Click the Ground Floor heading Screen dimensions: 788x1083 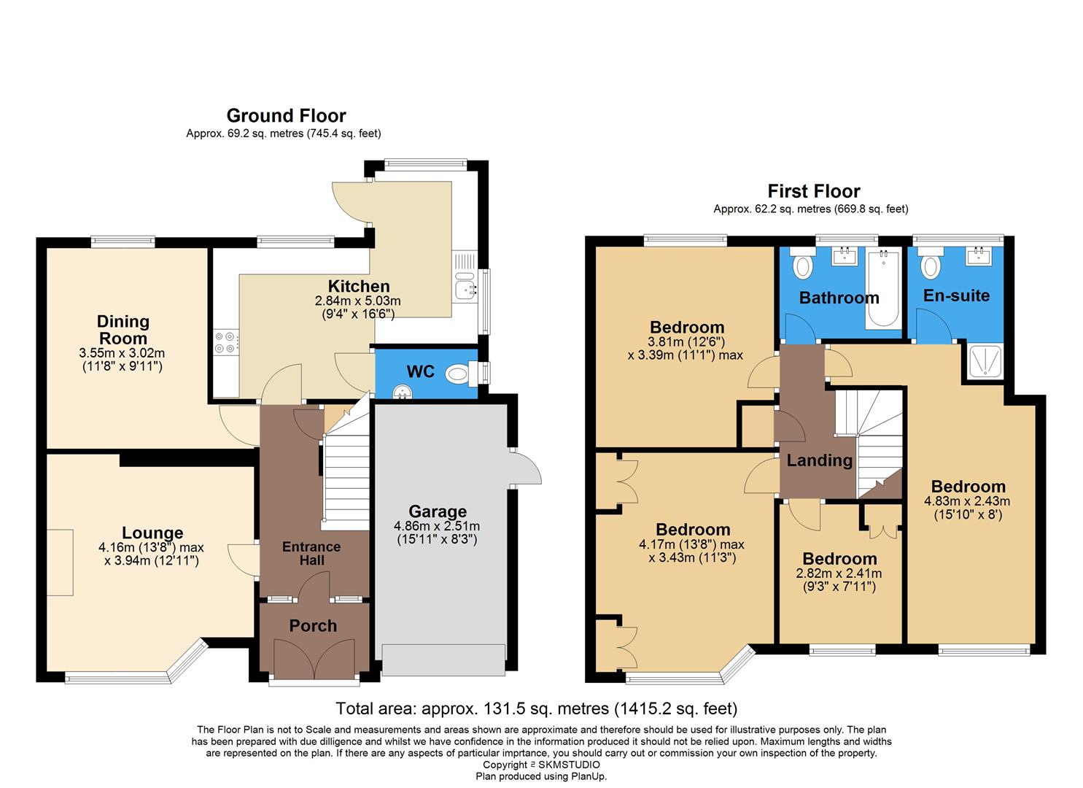coord(286,116)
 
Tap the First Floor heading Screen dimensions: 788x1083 coord(813,191)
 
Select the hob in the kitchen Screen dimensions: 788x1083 coord(226,342)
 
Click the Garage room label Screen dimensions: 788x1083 coord(437,511)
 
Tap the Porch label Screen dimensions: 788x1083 coord(313,626)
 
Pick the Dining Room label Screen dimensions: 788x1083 coord(123,330)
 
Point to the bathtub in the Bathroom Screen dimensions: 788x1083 coord(882,289)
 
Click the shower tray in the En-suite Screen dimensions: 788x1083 coord(986,361)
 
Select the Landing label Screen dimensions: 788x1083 coord(819,460)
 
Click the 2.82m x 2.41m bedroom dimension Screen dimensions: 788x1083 coord(839,573)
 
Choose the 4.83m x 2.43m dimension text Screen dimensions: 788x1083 coord(967,501)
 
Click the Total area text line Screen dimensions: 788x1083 coord(536,708)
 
